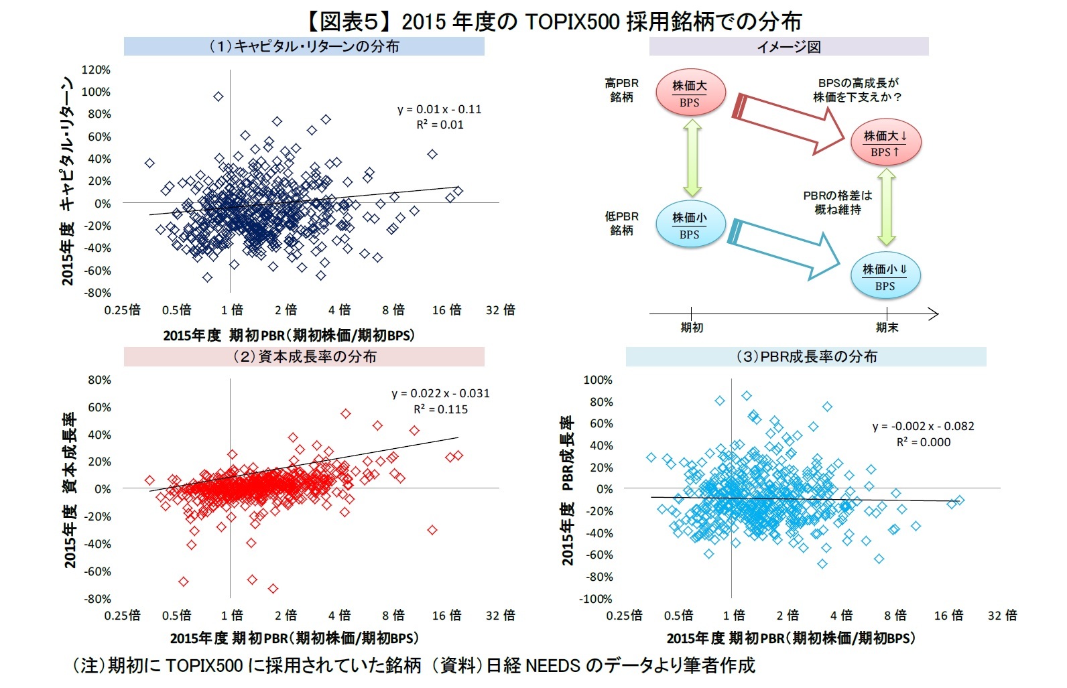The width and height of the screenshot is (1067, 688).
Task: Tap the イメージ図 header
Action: [x=788, y=46]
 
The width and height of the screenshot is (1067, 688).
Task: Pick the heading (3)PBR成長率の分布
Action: [x=806, y=356]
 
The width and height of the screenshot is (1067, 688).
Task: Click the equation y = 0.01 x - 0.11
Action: [x=439, y=109]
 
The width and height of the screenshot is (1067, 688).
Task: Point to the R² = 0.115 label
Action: [x=440, y=409]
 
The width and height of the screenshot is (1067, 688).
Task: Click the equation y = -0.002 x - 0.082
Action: [x=923, y=426]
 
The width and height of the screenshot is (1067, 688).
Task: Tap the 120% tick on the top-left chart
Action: [x=96, y=70]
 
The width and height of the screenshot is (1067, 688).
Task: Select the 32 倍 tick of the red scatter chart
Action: [x=500, y=615]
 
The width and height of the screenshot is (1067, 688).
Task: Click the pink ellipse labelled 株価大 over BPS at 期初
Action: [x=689, y=93]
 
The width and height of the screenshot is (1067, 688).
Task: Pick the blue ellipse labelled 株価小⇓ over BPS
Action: [x=885, y=277]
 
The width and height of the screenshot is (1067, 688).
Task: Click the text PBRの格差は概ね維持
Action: [x=837, y=202]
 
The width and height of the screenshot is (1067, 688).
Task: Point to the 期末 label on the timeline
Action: [x=886, y=328]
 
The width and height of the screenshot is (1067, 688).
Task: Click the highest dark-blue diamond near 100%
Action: [x=218, y=96]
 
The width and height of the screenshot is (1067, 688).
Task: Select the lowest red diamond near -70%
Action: [x=273, y=589]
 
